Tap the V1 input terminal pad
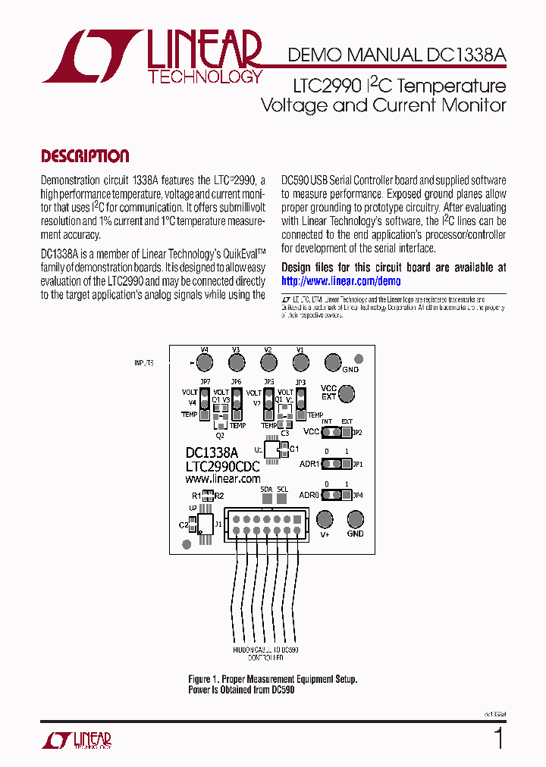click(x=300, y=362)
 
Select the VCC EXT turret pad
click(x=347, y=393)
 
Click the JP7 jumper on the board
click(x=205, y=402)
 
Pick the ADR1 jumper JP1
click(x=337, y=464)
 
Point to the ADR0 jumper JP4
click(x=337, y=496)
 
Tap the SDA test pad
click(x=266, y=500)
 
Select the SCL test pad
click(x=283, y=500)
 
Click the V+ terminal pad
click(x=325, y=519)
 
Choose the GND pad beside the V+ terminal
click(x=356, y=519)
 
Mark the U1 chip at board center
click(x=278, y=449)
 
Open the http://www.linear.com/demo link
click(x=340, y=280)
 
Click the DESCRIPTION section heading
click(x=85, y=156)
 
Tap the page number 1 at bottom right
click(x=498, y=737)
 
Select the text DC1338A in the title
click(x=464, y=55)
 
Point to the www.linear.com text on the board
click(x=223, y=478)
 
